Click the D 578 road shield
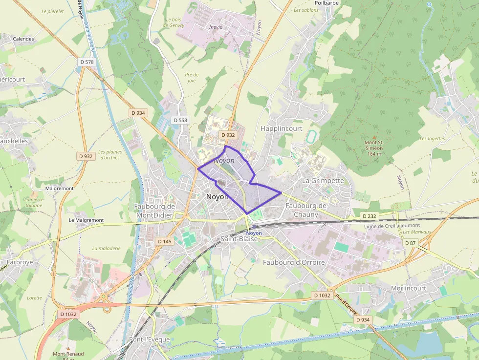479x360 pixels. [x=86, y=62]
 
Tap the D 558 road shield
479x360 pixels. [x=180, y=120]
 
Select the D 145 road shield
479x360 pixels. [x=165, y=241]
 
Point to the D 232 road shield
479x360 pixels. [x=370, y=215]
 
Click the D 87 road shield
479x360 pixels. [x=410, y=243]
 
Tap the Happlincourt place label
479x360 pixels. [x=282, y=128]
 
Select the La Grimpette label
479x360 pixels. [x=323, y=180]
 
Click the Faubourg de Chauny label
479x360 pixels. [x=306, y=210]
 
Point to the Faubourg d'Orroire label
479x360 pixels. [x=294, y=262]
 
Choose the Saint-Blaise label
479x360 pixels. [x=239, y=239]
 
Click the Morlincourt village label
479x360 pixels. [x=409, y=288]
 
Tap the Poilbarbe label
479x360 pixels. [x=327, y=2]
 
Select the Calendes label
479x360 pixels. [x=23, y=39]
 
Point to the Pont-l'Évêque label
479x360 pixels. [x=149, y=339]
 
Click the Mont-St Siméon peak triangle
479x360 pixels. [x=374, y=138]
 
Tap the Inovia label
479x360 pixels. [x=216, y=27]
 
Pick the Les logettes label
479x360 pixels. [x=432, y=138]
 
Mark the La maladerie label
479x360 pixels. [x=106, y=248]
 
